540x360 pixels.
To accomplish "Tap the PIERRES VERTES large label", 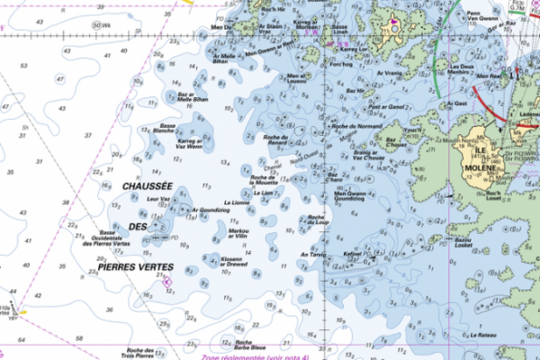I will [137, 266].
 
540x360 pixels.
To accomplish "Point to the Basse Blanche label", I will [164, 128].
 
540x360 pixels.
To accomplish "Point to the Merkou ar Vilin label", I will [239, 234].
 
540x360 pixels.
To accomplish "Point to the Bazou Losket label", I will [463, 243].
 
